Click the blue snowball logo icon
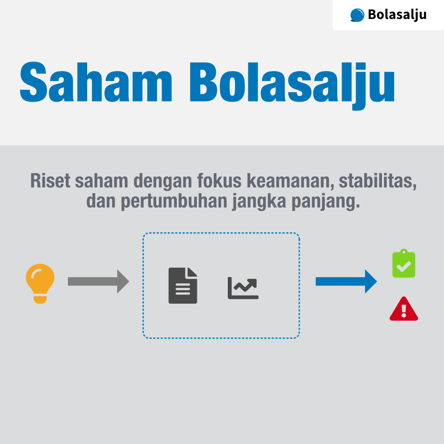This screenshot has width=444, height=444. point(357,15)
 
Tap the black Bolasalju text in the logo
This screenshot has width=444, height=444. point(397,15)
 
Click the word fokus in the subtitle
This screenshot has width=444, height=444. point(220,181)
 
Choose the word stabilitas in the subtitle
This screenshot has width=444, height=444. point(378,181)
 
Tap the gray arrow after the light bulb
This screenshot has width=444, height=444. point(98,281)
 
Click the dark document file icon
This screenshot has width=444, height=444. point(183,285)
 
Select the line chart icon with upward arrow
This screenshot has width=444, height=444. point(243,287)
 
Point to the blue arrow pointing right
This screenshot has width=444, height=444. point(346,281)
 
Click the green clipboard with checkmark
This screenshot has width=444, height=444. point(404,264)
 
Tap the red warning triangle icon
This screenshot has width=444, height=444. point(404,309)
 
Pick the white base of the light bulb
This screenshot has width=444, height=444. point(40,299)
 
